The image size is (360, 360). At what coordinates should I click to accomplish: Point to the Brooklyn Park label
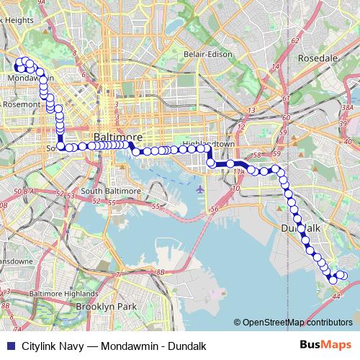tap(107, 307)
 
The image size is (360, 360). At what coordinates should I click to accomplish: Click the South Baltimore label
tap(111, 191)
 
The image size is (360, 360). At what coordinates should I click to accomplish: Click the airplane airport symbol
tap(199, 189)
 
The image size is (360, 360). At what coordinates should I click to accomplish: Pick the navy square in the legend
tap(9, 344)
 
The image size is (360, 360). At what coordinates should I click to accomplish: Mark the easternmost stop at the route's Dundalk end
tap(343, 276)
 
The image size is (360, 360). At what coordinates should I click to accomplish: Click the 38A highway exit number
tap(347, 107)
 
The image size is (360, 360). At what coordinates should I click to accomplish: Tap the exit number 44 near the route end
tap(335, 295)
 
